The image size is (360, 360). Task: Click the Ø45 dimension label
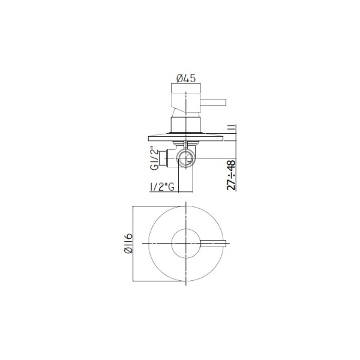point(186,79)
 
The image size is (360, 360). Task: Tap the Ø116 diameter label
point(128,244)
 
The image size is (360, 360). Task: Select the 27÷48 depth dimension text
point(231,175)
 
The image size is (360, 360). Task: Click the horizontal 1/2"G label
point(162,187)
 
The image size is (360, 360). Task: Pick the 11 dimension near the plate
point(233,129)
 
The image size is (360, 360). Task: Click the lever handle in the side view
point(214,103)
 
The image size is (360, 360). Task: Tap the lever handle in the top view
point(213,244)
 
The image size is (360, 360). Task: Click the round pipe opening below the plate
point(186,158)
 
